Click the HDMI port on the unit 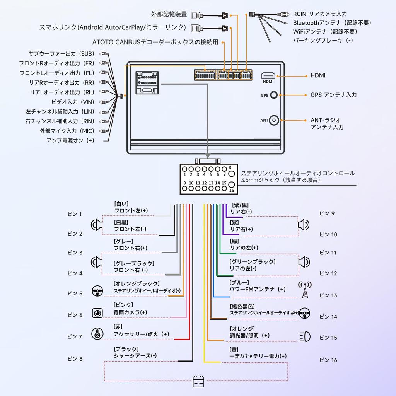[x=268, y=75]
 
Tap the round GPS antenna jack [x=274, y=95]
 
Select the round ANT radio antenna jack [x=274, y=120]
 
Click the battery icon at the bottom [x=198, y=382]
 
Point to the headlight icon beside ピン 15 [x=305, y=337]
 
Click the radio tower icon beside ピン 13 [x=305, y=290]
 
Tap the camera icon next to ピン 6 [x=97, y=313]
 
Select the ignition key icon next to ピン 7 [x=97, y=333]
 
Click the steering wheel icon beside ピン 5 [x=97, y=291]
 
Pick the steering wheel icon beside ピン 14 [x=305, y=313]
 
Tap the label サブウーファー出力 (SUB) [x=61, y=54]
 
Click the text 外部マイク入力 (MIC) [x=67, y=131]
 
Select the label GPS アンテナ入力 [x=333, y=95]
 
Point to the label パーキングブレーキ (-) [x=323, y=40]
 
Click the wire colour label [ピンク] [x=123, y=305]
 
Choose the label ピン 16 [x=328, y=360]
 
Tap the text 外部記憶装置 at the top [x=169, y=14]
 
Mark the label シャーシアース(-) [x=135, y=356]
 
